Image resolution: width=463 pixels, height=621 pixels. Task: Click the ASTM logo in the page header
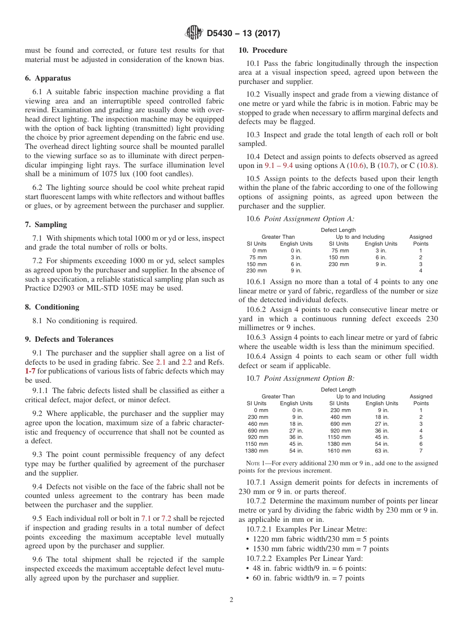pyautogui.click(x=194, y=33)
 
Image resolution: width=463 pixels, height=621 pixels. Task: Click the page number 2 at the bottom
pyautogui.click(x=231, y=600)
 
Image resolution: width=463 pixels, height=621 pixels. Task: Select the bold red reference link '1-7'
pyautogui.click(x=30, y=371)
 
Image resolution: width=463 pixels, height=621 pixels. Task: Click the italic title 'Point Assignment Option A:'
pyautogui.click(x=309, y=219)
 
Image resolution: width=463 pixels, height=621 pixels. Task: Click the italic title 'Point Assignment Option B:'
pyautogui.click(x=309, y=378)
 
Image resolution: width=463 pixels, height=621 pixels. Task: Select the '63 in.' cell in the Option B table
pyautogui.click(x=381, y=451)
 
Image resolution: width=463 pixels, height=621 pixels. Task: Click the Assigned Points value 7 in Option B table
pyautogui.click(x=421, y=451)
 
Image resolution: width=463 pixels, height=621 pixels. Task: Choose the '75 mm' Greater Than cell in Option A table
pyautogui.click(x=258, y=257)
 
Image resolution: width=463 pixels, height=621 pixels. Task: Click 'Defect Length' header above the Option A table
pyautogui.click(x=338, y=230)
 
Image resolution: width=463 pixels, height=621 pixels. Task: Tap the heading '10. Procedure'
pyautogui.click(x=263, y=50)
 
